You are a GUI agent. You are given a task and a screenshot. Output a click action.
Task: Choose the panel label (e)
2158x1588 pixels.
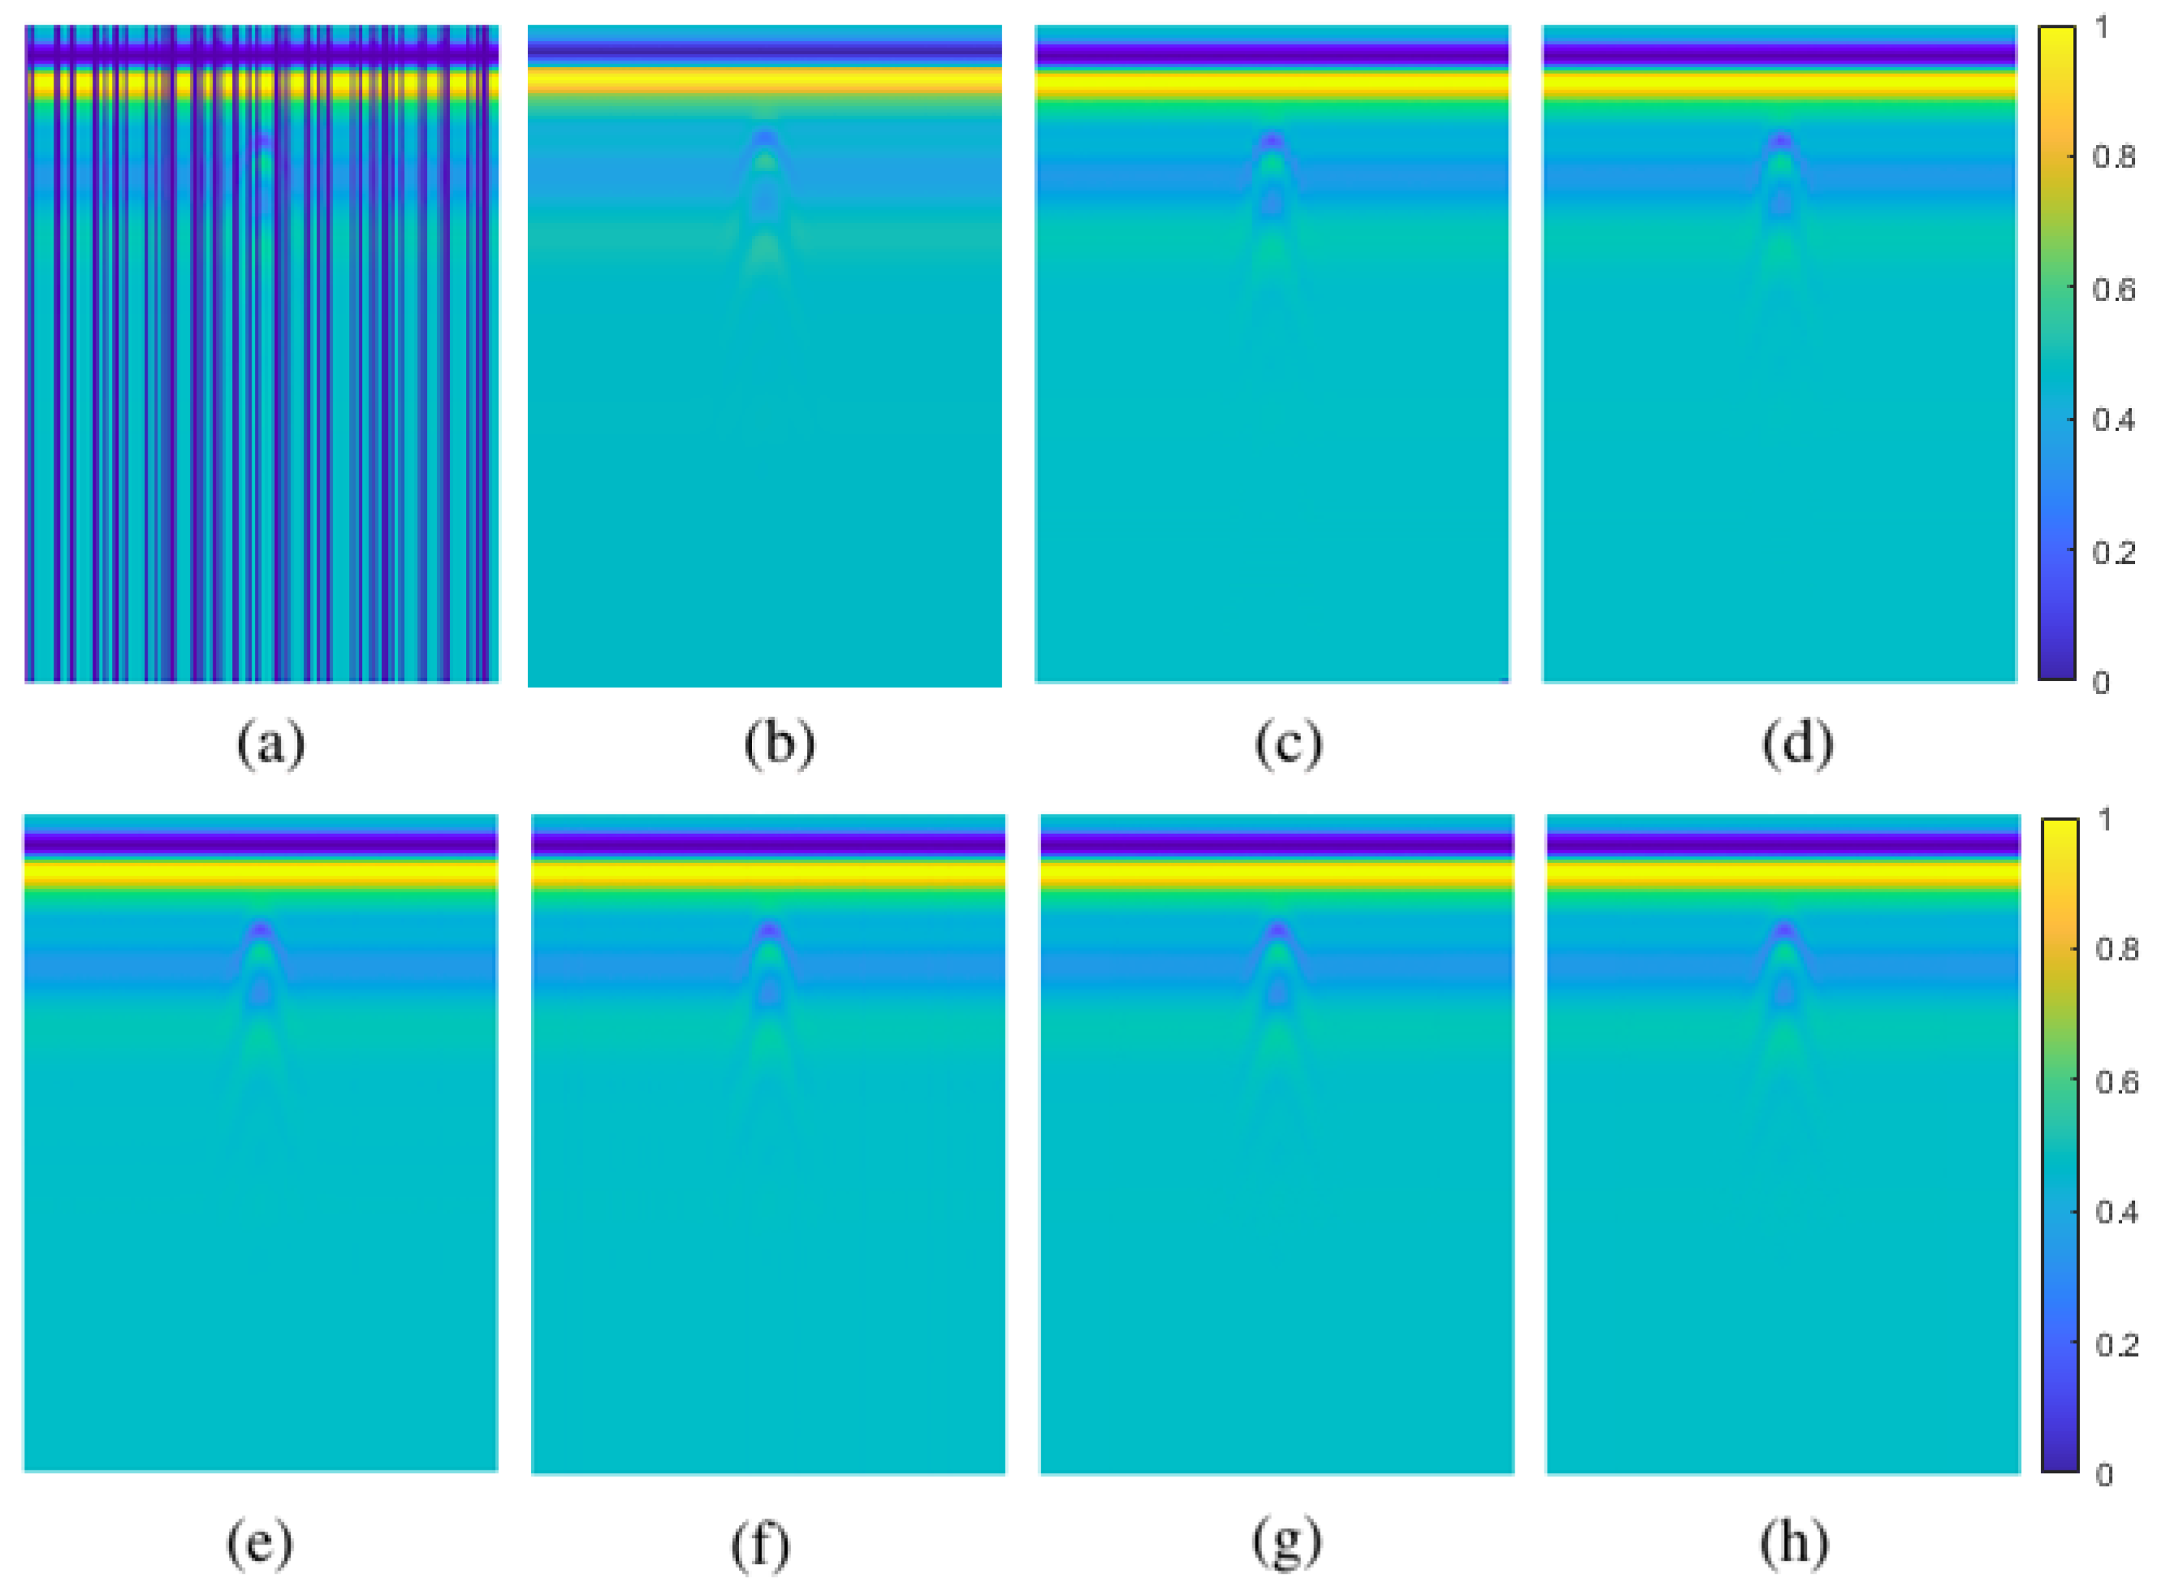pos(260,1544)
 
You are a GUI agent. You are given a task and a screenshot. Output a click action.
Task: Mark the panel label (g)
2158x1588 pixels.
pos(1286,1544)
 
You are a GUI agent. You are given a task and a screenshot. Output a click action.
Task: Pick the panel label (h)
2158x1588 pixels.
pos(1793,1544)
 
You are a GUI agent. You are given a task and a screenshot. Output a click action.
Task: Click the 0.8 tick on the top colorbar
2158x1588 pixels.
pos(2113,157)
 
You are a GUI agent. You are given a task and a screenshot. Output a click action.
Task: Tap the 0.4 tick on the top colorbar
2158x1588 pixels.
pos(2113,420)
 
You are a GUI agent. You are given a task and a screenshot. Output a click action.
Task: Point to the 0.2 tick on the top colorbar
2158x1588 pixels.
pos(2113,553)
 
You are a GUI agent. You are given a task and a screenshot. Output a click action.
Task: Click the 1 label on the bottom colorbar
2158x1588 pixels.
pos(2105,820)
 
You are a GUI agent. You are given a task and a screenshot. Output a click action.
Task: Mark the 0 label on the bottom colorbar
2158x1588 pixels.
pos(2105,1476)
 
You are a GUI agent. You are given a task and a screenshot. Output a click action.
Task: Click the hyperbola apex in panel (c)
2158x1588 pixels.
pos(1272,139)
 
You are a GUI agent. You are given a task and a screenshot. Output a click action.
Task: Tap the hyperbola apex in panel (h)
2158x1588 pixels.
pos(1784,928)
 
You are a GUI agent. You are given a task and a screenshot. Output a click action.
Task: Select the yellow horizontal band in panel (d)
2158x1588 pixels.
pos(1779,85)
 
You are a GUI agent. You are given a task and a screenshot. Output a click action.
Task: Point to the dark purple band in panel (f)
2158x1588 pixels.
pos(768,844)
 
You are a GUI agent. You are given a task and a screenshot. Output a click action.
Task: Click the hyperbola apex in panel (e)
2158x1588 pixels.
pos(261,928)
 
